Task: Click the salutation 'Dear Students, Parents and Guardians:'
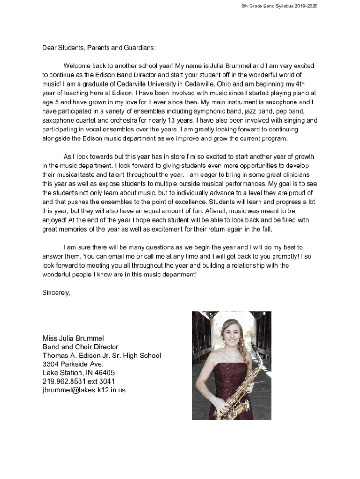(x=99, y=48)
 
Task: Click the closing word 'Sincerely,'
(x=57, y=293)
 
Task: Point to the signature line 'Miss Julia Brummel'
(x=73, y=338)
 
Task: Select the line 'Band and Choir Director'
(x=80, y=347)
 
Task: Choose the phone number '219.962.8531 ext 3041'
(x=79, y=381)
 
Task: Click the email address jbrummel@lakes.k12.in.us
(x=84, y=390)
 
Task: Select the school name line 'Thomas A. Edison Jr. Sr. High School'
(x=102, y=356)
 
